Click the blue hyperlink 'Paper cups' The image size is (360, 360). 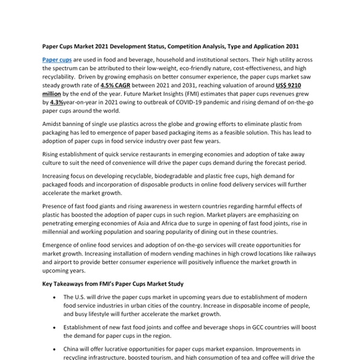coord(57,61)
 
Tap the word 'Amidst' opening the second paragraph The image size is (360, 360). coord(53,122)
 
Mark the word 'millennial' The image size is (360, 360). coord(61,232)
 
